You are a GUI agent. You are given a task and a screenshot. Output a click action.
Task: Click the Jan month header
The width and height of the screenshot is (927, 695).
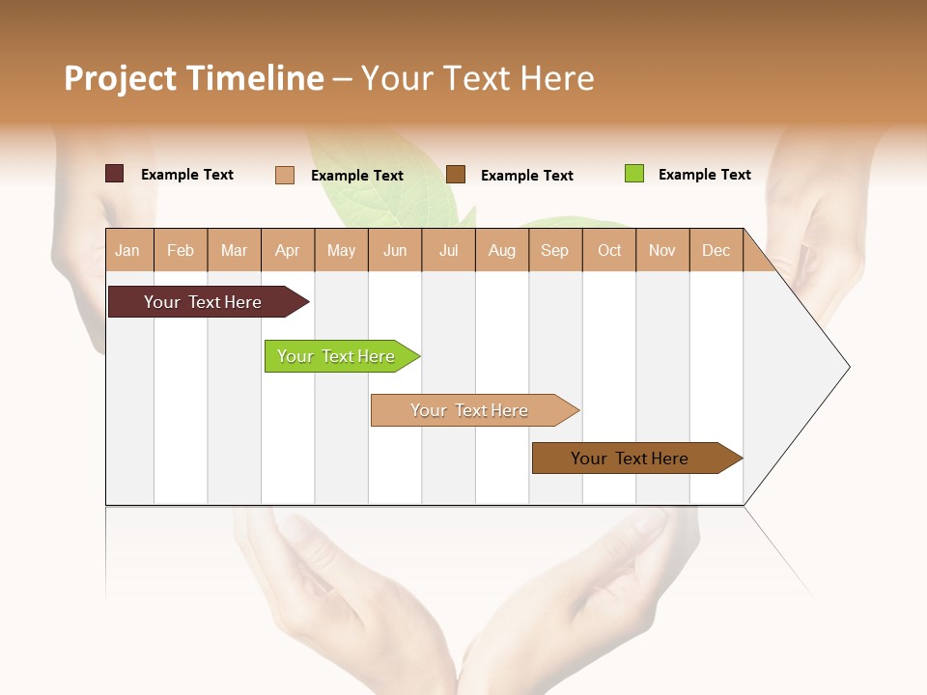[127, 251]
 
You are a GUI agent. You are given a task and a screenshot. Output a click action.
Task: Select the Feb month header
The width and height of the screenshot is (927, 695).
[181, 251]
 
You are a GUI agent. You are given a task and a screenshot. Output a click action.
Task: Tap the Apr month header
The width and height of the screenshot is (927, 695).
[287, 251]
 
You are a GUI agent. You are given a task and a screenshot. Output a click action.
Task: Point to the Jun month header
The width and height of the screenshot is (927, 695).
[395, 251]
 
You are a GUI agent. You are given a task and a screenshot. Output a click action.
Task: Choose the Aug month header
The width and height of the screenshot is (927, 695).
[501, 251]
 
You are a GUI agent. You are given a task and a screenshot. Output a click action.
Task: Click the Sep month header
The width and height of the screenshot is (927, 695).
[554, 251]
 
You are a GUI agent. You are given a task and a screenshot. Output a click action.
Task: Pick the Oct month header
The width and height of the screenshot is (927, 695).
[609, 251]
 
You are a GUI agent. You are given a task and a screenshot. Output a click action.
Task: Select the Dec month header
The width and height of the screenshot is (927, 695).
[716, 251]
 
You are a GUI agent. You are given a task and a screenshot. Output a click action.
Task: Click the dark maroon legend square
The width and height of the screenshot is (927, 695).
[114, 174]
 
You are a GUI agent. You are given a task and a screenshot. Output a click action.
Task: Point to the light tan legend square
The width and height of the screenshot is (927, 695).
[284, 175]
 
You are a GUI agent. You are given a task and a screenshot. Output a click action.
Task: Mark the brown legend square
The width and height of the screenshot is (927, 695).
[456, 175]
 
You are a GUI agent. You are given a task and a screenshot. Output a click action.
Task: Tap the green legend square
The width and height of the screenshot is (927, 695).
[633, 174]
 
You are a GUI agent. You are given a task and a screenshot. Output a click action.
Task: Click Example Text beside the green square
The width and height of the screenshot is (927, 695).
[704, 175]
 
